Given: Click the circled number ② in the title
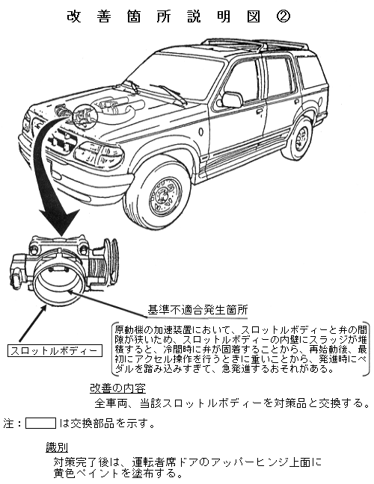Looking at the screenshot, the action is pos(283,16).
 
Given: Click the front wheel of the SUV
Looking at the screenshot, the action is pos(160,193).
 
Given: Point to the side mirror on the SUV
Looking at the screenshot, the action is pos(232,99).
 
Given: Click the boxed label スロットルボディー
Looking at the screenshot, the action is pos(55,351).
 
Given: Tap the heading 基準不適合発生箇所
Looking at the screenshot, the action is pos(197,310).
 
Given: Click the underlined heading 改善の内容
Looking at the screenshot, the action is pos(117,388).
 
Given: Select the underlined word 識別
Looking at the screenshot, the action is pos(57,447).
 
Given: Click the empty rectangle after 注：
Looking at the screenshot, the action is pos(40,423).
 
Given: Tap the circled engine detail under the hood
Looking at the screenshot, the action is pos(85,117).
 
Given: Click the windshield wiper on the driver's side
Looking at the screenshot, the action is pos(168,93).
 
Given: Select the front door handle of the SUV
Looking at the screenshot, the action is pos(259,111).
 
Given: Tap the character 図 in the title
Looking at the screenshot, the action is pos(254,16).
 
